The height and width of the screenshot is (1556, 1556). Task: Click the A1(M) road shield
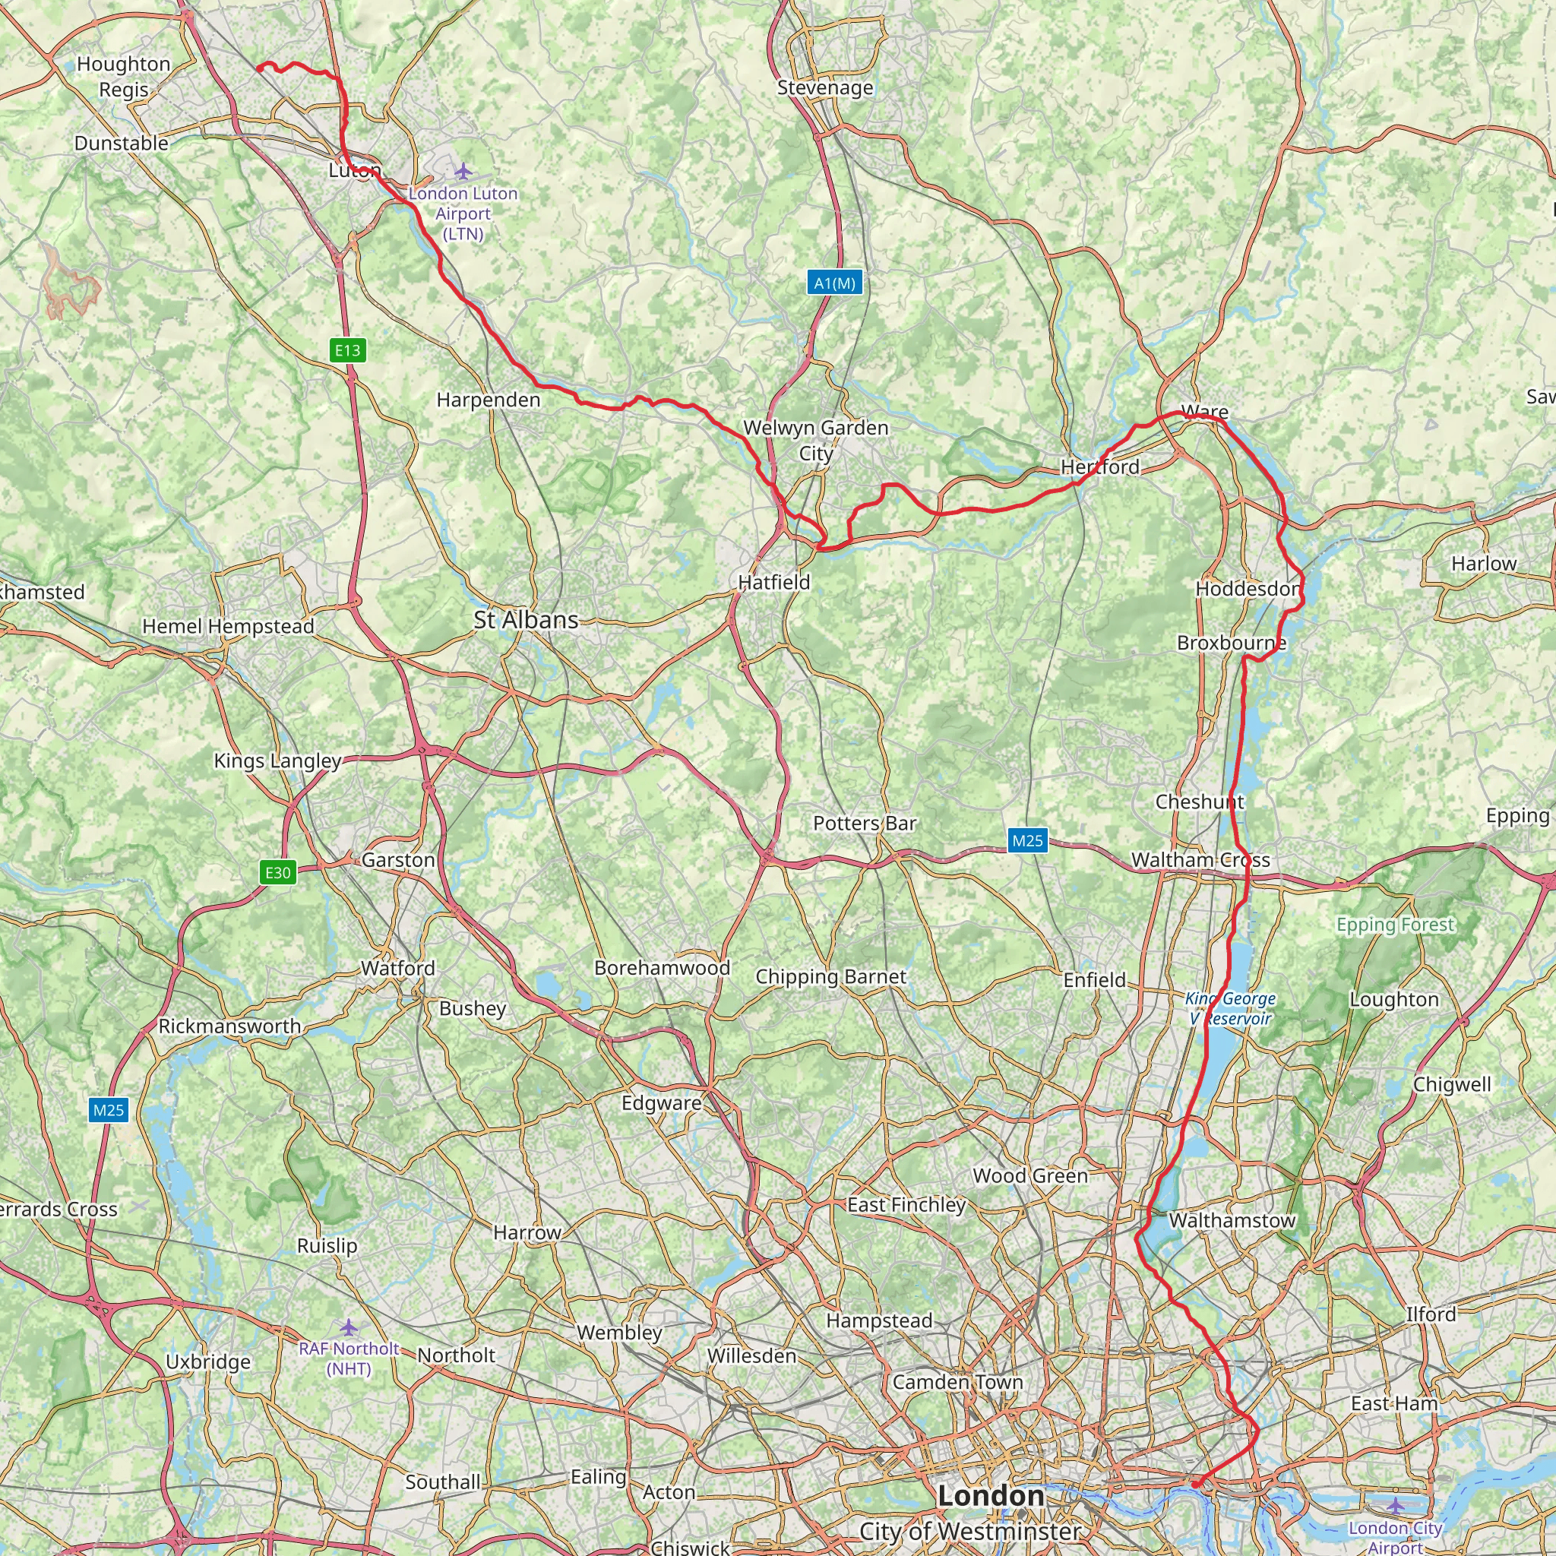[834, 283]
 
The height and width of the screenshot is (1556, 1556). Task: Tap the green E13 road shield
[348, 349]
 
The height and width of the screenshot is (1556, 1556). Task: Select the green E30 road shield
[278, 872]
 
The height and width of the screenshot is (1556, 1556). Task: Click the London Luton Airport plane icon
[463, 171]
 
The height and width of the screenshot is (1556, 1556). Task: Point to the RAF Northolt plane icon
[348, 1327]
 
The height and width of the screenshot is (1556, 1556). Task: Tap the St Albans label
[526, 620]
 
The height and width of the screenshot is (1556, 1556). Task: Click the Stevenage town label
[824, 88]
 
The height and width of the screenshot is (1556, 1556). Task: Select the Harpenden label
[488, 400]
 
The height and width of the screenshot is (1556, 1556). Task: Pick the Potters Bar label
[864, 823]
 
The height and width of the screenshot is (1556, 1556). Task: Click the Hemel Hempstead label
[228, 627]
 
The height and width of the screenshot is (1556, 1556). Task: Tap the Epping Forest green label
[1396, 925]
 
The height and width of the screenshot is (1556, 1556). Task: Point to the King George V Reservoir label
[1230, 1008]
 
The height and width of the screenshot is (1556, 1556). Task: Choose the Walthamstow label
[1232, 1220]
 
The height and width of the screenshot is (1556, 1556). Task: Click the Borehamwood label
[662, 968]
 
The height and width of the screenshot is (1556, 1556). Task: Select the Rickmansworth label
[229, 1026]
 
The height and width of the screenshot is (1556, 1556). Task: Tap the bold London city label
[991, 1495]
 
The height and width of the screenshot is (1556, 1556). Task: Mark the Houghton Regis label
[124, 77]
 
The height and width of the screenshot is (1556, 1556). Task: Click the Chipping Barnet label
[830, 977]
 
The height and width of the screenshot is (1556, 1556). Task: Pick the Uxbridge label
[207, 1362]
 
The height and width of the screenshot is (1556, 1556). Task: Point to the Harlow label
[1484, 564]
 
